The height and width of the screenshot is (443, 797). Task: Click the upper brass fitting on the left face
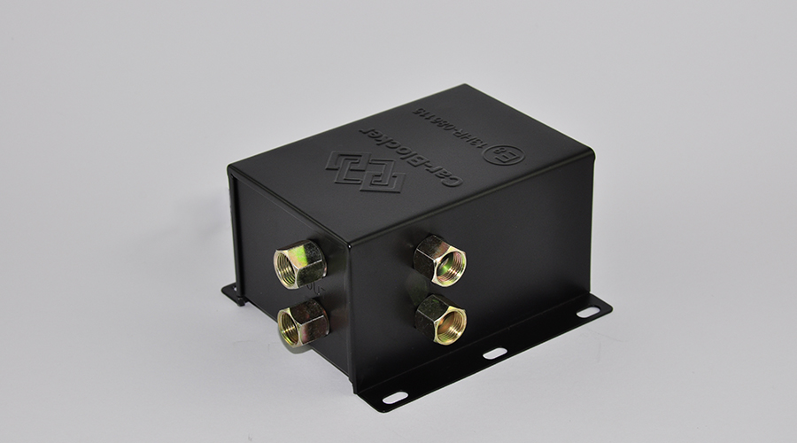coord(298,263)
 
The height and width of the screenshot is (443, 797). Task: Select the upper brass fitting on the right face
coord(440,258)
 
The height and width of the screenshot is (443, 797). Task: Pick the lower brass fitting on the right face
coord(440,316)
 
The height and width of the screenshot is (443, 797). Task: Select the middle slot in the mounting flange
coord(495,353)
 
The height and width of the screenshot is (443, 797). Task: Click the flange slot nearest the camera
coord(394,397)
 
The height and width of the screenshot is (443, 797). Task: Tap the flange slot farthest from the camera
coord(588,312)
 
